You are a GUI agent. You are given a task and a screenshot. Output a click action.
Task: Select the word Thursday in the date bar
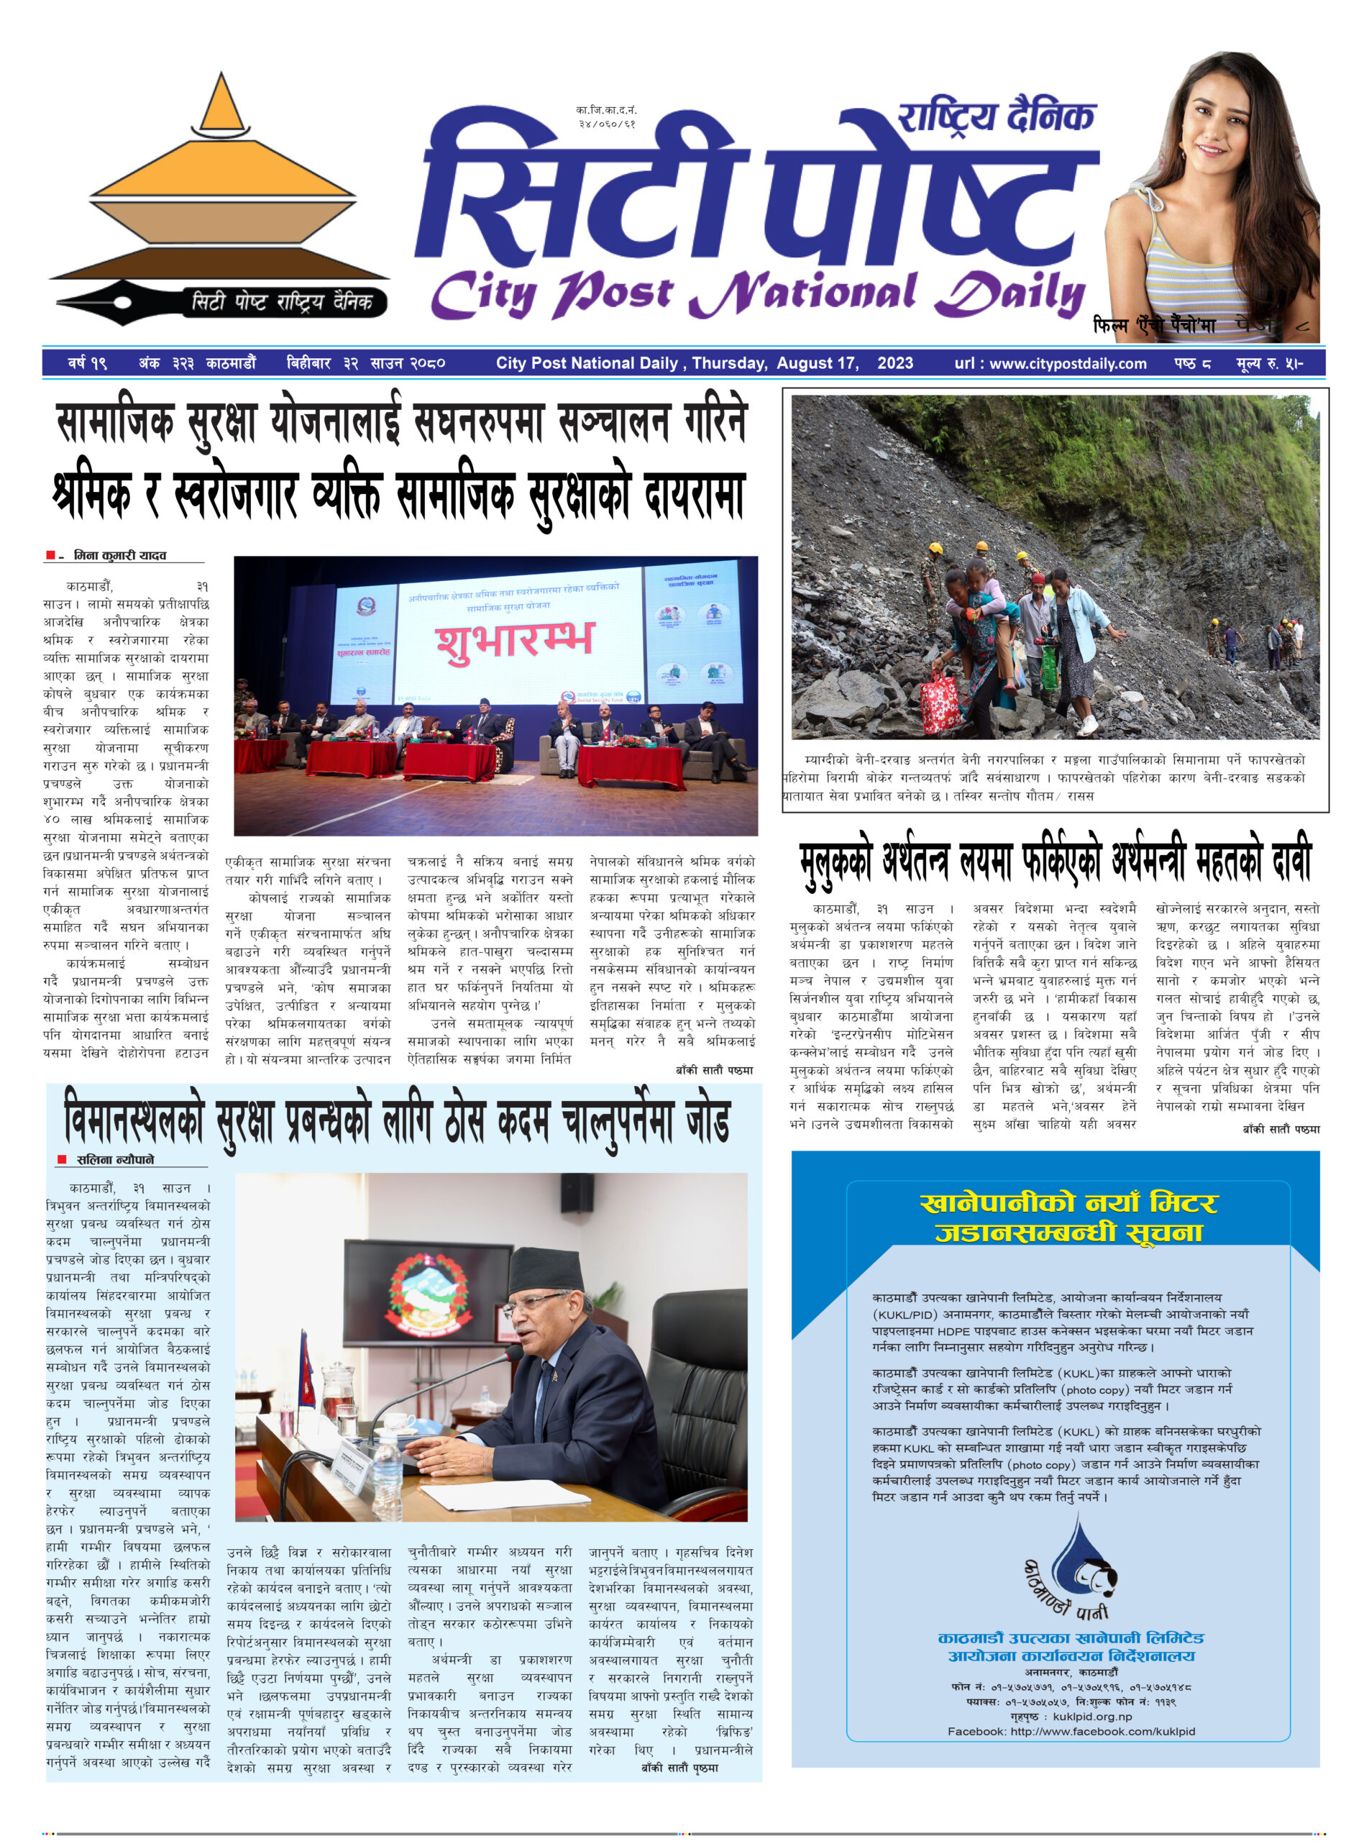(729, 363)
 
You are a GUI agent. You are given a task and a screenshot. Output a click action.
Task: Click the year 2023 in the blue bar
(895, 363)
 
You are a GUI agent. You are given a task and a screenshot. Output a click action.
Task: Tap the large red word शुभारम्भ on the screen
(515, 641)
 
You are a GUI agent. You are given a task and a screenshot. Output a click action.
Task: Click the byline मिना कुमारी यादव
(119, 555)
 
